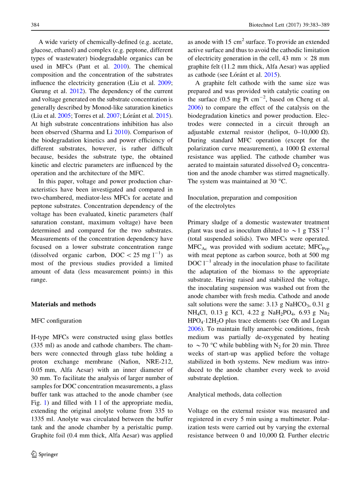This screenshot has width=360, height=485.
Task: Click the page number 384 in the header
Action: tap(35, 25)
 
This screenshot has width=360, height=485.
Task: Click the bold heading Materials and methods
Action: tap(63, 304)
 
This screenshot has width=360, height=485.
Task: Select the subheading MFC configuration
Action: tap(56, 320)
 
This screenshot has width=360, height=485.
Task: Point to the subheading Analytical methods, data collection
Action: tap(234, 394)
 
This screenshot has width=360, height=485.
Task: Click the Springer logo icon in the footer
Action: tap(34, 455)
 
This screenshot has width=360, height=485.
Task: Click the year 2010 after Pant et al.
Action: tap(121, 66)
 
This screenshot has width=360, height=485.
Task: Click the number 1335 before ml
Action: tap(39, 419)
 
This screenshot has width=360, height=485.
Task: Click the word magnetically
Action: tap(310, 173)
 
